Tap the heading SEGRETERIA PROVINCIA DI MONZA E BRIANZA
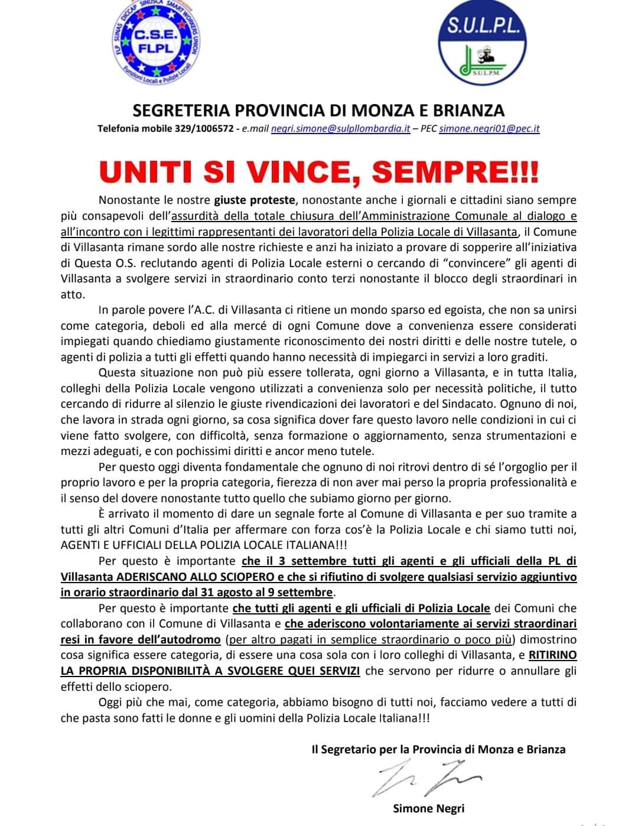point(319,110)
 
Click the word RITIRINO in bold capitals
point(552,655)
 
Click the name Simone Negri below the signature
point(428,808)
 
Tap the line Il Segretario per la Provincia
point(438,749)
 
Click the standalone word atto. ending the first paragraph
point(73,294)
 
